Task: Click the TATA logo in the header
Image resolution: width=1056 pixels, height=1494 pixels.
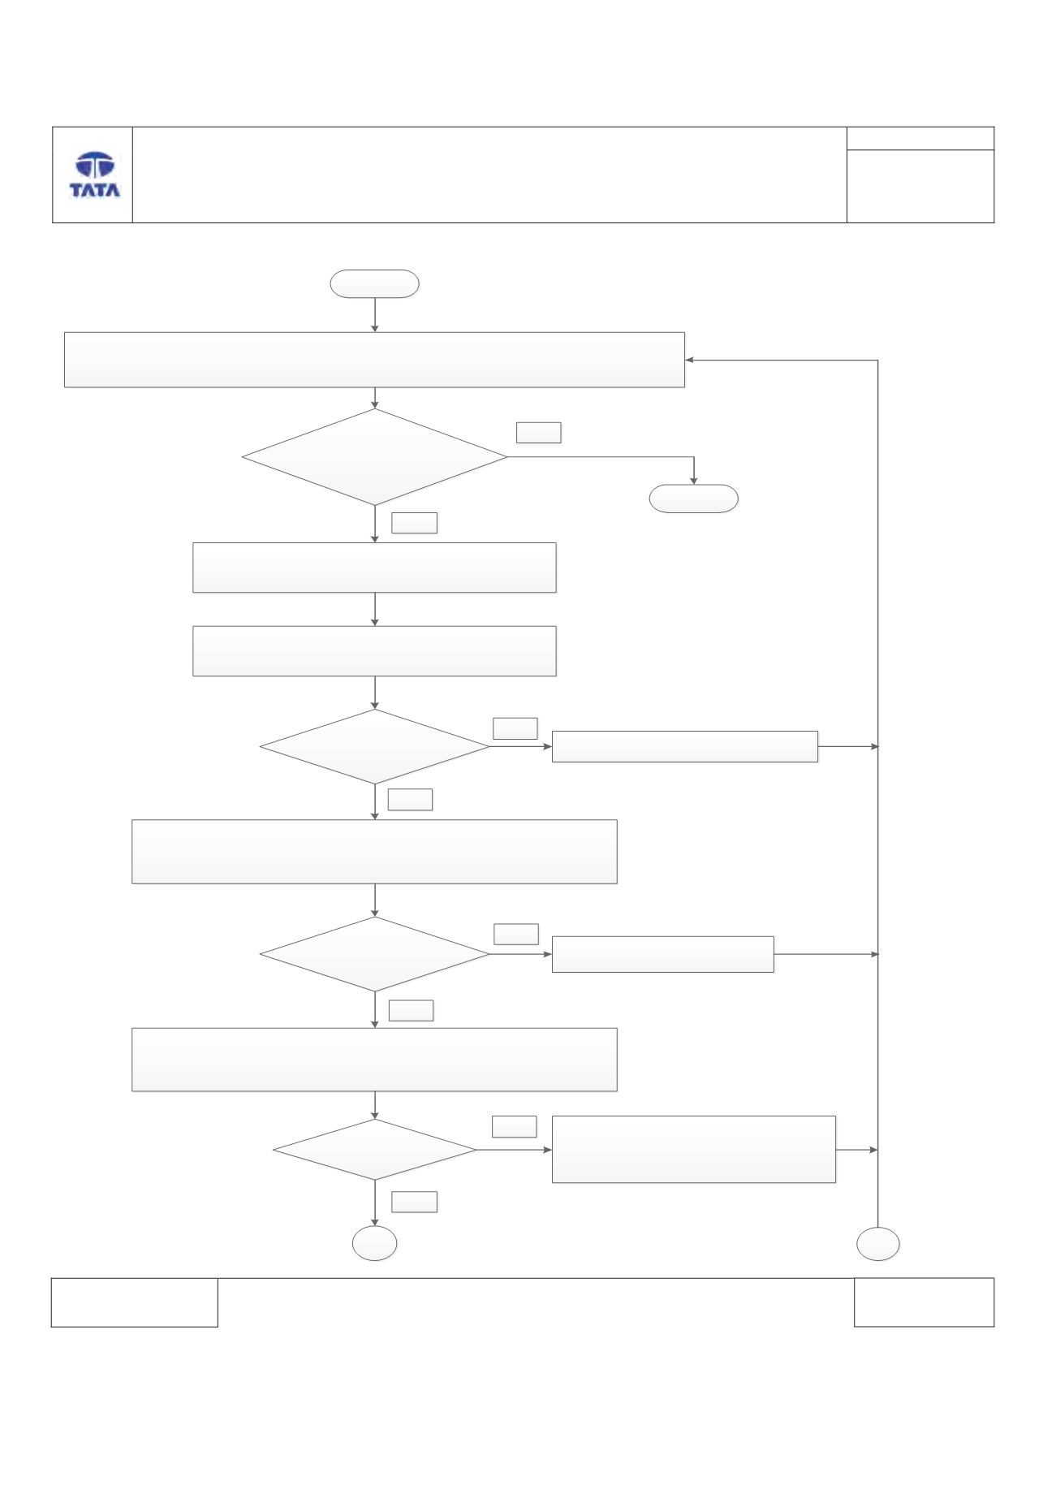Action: tap(95, 175)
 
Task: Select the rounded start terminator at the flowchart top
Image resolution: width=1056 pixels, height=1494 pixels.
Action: tap(374, 284)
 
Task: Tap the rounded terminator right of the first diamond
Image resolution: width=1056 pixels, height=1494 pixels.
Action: tap(694, 499)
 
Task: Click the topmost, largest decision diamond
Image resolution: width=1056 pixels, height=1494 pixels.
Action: tap(375, 457)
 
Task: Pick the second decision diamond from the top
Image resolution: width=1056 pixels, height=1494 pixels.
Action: tap(375, 747)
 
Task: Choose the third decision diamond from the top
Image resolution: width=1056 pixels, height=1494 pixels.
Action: tap(375, 955)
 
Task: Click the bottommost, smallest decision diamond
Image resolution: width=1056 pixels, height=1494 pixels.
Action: tap(375, 1150)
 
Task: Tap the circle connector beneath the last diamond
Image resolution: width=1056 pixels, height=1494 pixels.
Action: tap(375, 1243)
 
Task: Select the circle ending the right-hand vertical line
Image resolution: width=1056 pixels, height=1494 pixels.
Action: tap(878, 1243)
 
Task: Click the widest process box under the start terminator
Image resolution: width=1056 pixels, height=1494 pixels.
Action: tap(374, 360)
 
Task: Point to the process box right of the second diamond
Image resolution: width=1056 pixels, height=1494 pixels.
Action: tap(685, 746)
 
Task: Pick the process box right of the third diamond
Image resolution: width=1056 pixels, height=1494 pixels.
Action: tap(663, 954)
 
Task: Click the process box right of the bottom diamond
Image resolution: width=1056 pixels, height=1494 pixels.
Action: tap(694, 1149)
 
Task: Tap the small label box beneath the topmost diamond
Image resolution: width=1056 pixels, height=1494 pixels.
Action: tap(415, 523)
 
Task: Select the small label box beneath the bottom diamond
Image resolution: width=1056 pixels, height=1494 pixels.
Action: tap(415, 1202)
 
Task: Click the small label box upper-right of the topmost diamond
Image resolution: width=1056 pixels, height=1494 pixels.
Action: tap(539, 433)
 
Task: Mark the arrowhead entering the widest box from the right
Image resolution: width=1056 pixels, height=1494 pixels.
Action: tap(690, 360)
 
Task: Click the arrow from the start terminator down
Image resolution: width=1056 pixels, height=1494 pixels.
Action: tap(375, 315)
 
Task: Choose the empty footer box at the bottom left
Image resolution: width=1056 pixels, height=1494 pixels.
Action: tap(135, 1302)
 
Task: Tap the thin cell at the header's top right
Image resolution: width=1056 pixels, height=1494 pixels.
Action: tap(920, 138)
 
